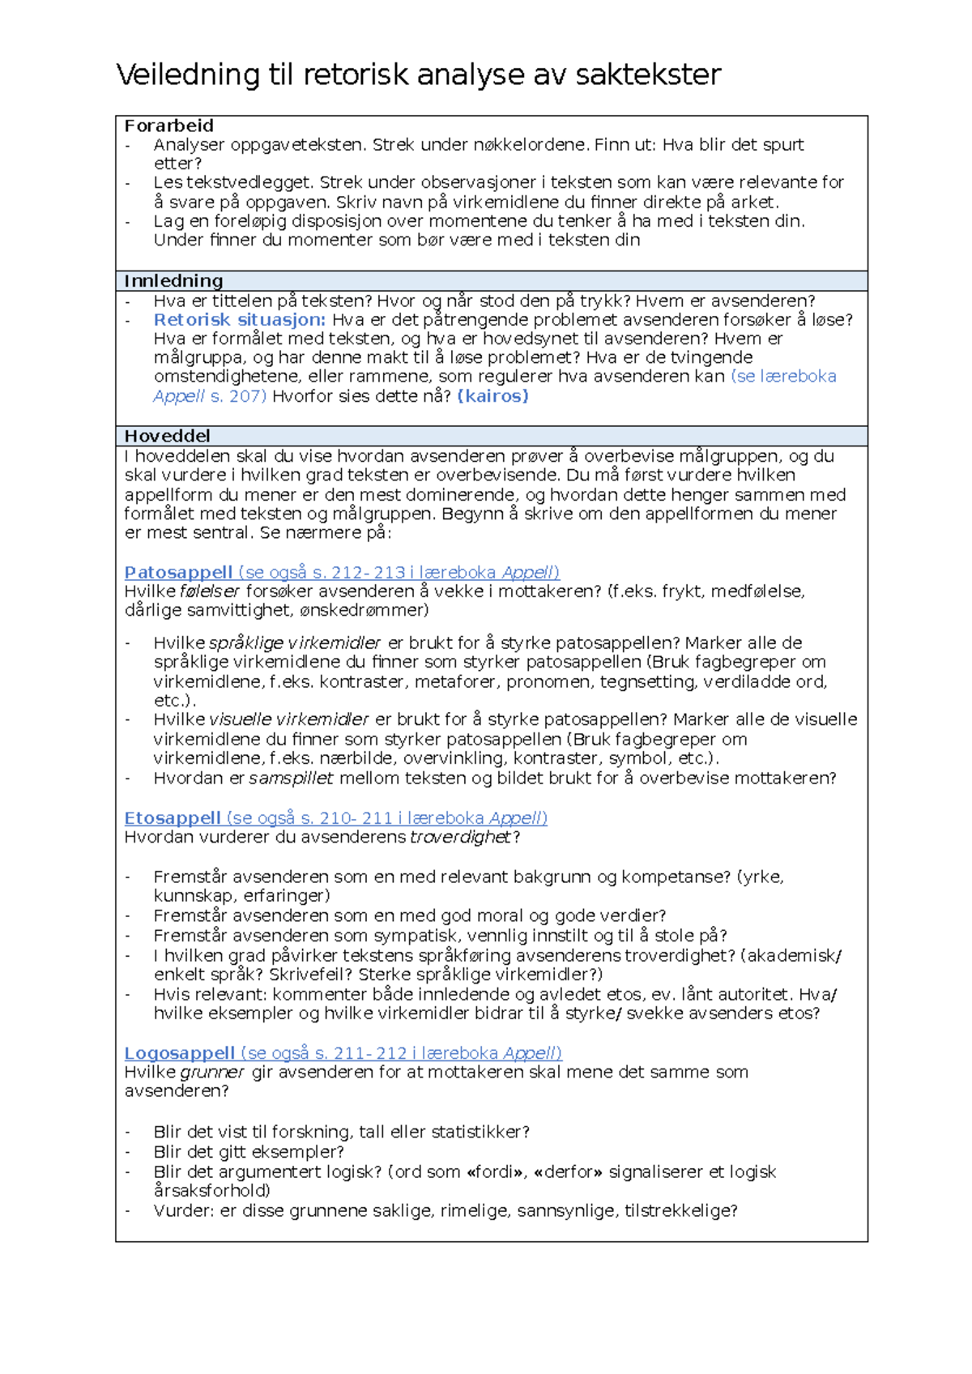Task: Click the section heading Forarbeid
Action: (x=168, y=126)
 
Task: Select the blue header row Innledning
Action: (x=491, y=281)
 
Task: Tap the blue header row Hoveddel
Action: (x=491, y=436)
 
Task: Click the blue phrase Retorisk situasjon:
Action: (x=240, y=319)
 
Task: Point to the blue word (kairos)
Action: (x=492, y=396)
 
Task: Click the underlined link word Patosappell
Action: (x=178, y=572)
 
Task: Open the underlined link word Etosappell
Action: (x=173, y=817)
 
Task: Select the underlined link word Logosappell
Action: (x=179, y=1052)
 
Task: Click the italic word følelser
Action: (x=210, y=591)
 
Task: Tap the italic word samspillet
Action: (x=291, y=778)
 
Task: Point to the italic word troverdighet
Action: (x=461, y=837)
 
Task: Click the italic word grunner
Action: (x=211, y=1072)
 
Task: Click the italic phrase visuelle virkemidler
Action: (x=288, y=719)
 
